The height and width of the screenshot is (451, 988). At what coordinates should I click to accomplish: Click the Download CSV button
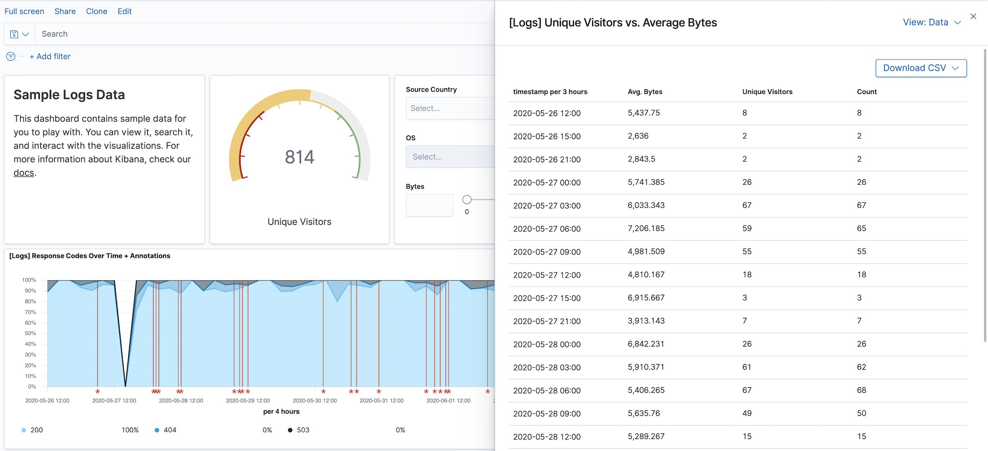click(921, 68)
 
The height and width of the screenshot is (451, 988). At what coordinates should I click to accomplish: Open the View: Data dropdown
click(931, 23)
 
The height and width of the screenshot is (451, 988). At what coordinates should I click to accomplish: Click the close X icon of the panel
click(973, 16)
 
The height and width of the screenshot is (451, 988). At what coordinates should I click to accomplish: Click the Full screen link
click(24, 12)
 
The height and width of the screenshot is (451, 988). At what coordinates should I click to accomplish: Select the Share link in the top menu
click(65, 12)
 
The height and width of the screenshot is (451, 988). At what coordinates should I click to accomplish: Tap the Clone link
click(96, 12)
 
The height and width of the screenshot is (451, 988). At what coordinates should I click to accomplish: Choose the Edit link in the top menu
click(124, 12)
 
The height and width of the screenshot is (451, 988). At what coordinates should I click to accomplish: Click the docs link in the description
click(24, 173)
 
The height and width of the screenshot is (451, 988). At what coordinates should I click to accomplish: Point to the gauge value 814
click(299, 157)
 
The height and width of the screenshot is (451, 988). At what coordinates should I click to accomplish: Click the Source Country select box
click(449, 108)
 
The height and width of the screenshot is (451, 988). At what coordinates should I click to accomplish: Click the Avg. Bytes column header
click(645, 92)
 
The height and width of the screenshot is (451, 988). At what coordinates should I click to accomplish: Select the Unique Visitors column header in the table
click(767, 92)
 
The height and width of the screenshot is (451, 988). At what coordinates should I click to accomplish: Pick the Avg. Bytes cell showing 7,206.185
click(646, 229)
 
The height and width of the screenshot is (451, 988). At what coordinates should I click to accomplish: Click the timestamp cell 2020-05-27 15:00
click(547, 298)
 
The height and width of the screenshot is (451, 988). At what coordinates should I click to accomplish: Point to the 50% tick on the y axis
click(30, 333)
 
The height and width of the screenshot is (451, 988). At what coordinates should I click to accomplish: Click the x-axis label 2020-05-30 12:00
click(314, 401)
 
